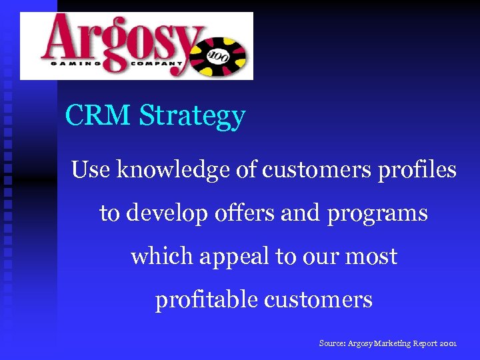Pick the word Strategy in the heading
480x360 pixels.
click(x=193, y=117)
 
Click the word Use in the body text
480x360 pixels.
click(x=91, y=170)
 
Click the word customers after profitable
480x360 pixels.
click(x=318, y=300)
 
